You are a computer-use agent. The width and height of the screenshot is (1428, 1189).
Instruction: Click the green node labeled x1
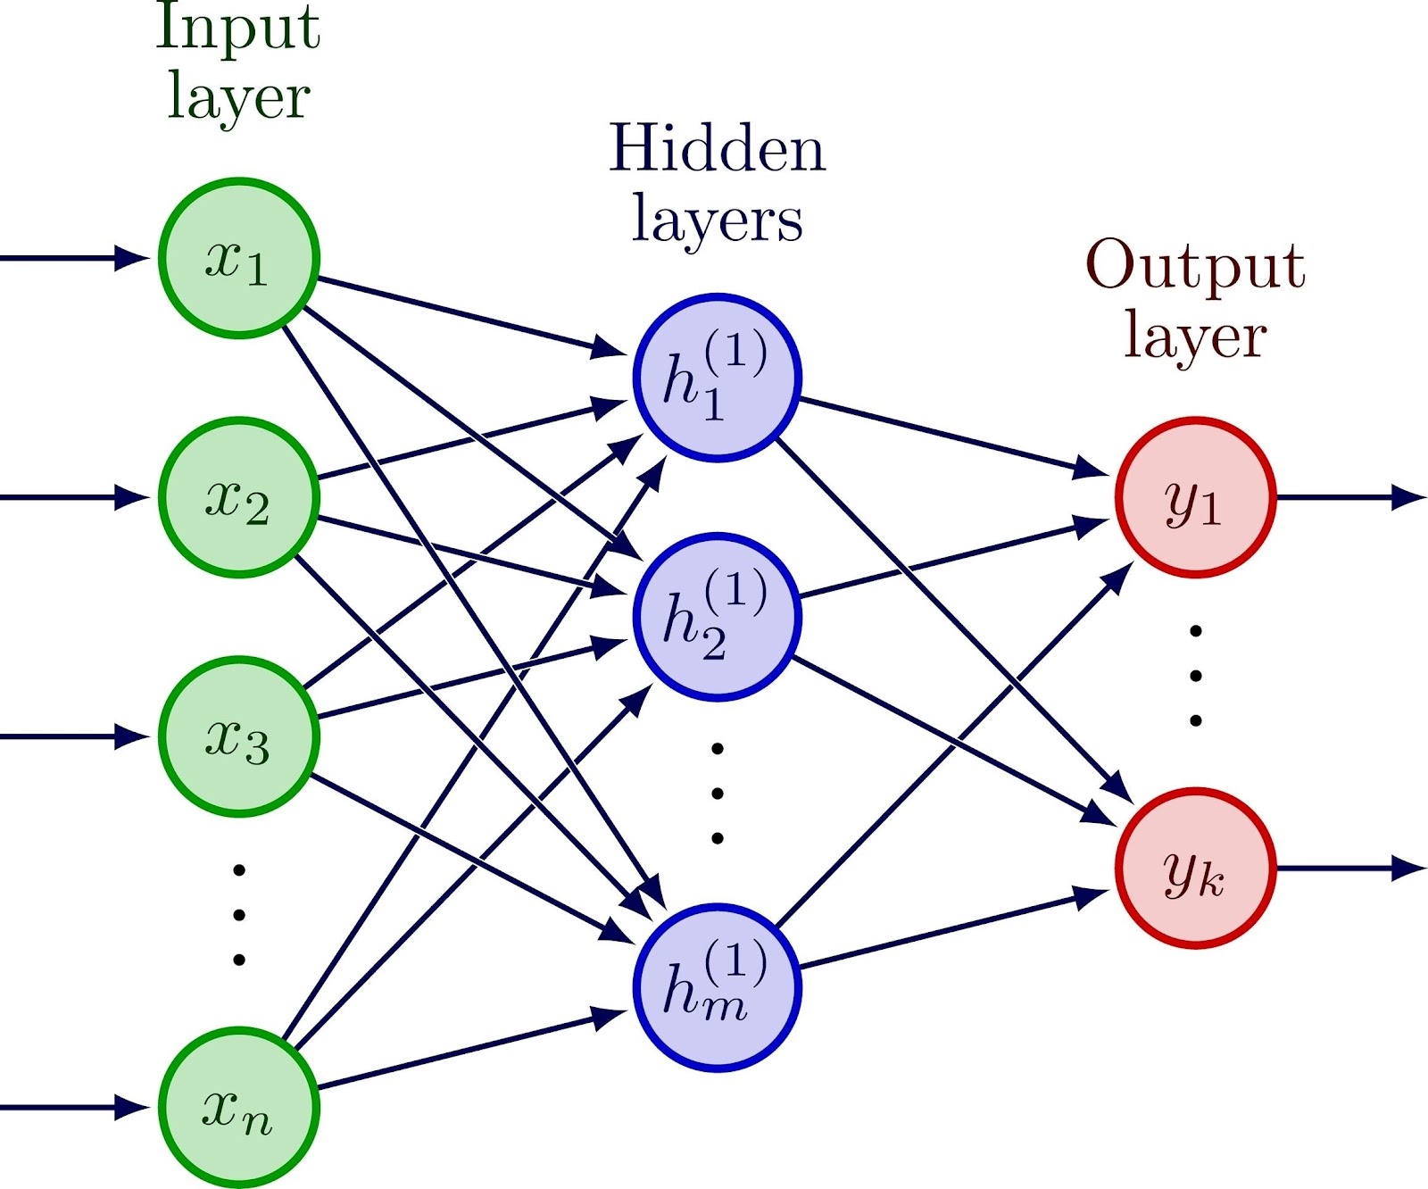tap(238, 259)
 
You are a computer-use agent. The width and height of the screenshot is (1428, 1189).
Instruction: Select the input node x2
tap(238, 497)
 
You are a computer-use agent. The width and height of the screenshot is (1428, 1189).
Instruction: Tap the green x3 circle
tap(238, 736)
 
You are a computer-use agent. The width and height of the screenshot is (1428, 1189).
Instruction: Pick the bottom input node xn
tap(238, 1108)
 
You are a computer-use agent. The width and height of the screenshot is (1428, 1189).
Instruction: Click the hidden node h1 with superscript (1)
tap(717, 378)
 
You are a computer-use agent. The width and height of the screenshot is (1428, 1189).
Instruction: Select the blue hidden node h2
tap(717, 617)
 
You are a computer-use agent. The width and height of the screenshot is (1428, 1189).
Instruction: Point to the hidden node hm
tap(717, 988)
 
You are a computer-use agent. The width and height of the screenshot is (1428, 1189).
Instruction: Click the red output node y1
tap(1195, 497)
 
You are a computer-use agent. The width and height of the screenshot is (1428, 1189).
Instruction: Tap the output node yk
tap(1195, 869)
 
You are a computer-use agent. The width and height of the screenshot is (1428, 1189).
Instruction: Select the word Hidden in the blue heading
tap(717, 148)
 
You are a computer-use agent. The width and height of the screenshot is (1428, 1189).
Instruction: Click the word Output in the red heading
tap(1195, 265)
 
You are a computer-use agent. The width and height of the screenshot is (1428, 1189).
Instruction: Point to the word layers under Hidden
tap(717, 220)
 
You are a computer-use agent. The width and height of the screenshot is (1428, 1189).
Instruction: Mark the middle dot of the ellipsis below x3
tap(238, 915)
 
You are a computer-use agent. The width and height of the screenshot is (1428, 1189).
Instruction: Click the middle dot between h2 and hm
tap(717, 794)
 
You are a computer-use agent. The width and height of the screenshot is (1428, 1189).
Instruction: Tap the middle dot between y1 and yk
tap(1195, 676)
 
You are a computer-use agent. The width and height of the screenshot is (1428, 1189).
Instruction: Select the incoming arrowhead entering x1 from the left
tap(132, 258)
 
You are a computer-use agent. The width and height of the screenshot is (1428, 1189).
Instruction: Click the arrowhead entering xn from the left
tap(132, 1108)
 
